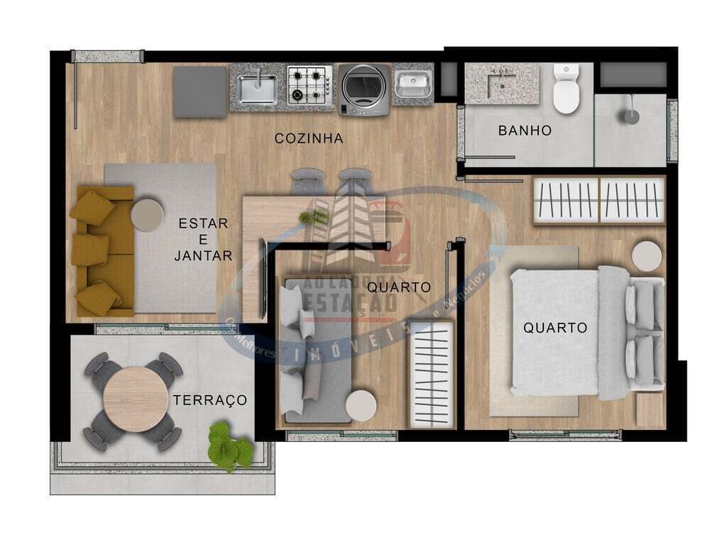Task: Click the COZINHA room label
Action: pos(309,139)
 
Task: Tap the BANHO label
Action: pos(525,131)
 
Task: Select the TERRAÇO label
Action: pos(210,400)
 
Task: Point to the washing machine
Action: pos(363,88)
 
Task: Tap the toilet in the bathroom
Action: pos(567,89)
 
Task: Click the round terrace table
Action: pos(133,398)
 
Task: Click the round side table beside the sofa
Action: pos(148,214)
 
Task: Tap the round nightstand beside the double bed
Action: pos(646,256)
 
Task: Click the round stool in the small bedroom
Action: pos(362,406)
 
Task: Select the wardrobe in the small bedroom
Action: pos(432,374)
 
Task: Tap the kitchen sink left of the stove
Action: pos(258,88)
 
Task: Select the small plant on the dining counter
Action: pos(312,218)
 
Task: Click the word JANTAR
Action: pos(203,255)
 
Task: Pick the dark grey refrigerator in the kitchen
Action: pos(200,92)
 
